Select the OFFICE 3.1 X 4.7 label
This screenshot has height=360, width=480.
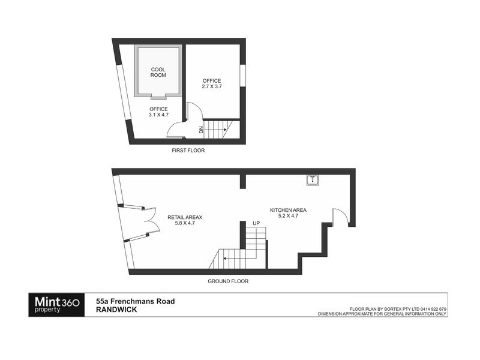pos(158,112)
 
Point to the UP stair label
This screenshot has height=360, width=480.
pos(256,223)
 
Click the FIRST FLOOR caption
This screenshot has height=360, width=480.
pos(188,151)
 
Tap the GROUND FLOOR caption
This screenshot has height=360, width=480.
pos(228,281)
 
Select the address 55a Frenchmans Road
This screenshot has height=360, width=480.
pos(136,301)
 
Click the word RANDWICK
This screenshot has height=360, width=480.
pos(116,310)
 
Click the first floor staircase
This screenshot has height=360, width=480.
pos(226,128)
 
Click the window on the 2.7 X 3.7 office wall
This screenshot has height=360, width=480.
pos(243,74)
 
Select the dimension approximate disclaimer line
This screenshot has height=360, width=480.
pos(382,313)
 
